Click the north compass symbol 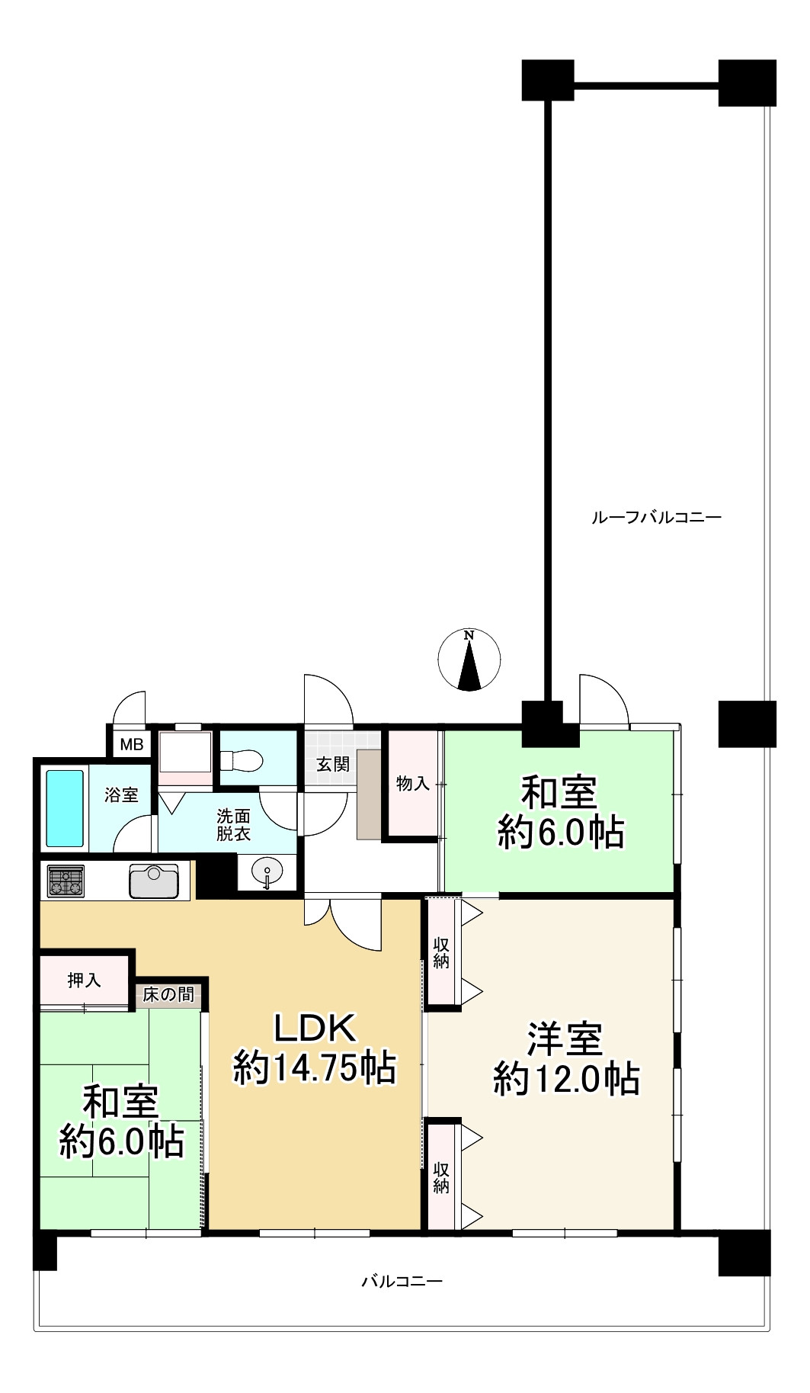[470, 660]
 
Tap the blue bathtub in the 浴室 [65, 808]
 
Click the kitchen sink [154, 881]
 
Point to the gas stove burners [66, 882]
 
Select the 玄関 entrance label [333, 763]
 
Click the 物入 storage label [413, 783]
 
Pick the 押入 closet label [84, 980]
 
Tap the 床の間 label [168, 994]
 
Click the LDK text [315, 1029]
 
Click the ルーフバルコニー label [656, 518]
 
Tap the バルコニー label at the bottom [402, 1281]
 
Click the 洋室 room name [566, 1038]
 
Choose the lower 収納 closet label [441, 1176]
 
